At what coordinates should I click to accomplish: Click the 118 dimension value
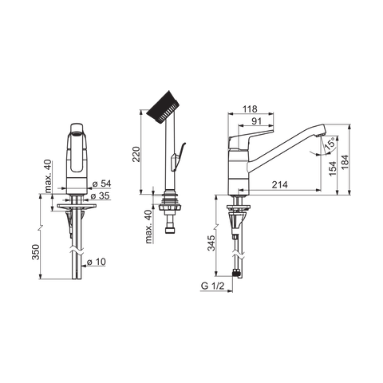pos(250,109)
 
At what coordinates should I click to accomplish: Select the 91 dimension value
pos(256,121)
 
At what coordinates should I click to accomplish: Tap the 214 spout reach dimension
pos(279,184)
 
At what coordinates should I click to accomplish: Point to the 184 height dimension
pos(345,162)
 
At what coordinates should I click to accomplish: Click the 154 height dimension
pos(333,168)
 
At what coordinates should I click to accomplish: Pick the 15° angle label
pos(330,144)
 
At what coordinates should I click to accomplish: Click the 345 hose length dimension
pos(211,243)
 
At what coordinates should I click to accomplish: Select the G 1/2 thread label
pos(213,286)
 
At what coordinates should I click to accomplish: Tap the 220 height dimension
pos(136,154)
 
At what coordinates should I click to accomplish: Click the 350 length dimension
pos(36,252)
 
